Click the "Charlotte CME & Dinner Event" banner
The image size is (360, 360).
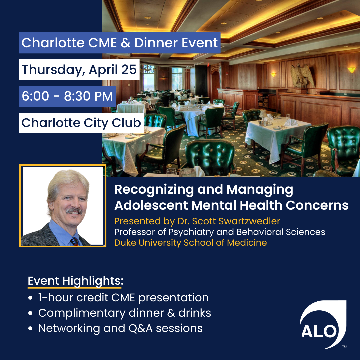pos(119,43)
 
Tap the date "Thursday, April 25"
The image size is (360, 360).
pos(79,70)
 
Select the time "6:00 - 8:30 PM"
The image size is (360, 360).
pos(67,96)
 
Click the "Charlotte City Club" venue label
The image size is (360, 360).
pos(81,123)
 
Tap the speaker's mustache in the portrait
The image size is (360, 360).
pos(73,211)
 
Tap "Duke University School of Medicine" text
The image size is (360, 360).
pos(190,243)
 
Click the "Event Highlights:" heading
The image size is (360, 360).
pos(75,281)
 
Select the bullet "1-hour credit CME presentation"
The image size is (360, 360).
pos(123,297)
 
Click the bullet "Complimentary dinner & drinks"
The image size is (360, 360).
pos(124,313)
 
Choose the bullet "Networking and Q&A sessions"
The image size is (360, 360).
pos(120,328)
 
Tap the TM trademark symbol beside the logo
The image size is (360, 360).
pos(344,347)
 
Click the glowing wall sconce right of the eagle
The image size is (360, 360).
pos(351,70)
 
